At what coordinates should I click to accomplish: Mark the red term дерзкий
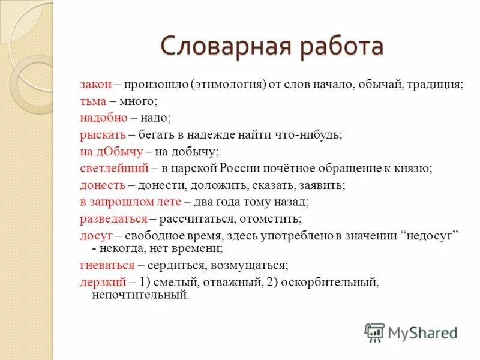(x=103, y=281)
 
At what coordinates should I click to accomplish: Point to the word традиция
(x=436, y=85)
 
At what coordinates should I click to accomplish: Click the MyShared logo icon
(x=375, y=331)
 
